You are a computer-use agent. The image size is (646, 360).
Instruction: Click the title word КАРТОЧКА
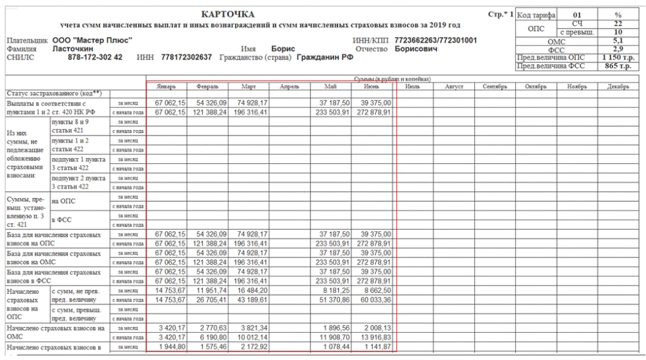click(228, 14)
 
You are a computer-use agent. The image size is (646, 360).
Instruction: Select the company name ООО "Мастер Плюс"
click(92, 40)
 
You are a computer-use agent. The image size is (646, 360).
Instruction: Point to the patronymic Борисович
click(416, 49)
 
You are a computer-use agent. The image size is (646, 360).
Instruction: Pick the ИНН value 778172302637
click(187, 57)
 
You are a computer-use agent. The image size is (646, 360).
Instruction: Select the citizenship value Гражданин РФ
click(326, 57)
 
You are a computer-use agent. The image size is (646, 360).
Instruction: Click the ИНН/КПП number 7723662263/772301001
click(435, 40)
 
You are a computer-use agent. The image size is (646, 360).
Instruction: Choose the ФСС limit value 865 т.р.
click(618, 66)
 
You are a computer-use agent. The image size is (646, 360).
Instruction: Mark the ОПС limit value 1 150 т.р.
click(618, 57)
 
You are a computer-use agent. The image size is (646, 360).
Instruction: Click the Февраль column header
click(208, 86)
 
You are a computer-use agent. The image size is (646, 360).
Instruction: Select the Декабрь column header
click(618, 86)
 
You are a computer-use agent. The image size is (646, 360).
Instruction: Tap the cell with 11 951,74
click(208, 291)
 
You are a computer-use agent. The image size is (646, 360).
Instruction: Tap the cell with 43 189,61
click(249, 300)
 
